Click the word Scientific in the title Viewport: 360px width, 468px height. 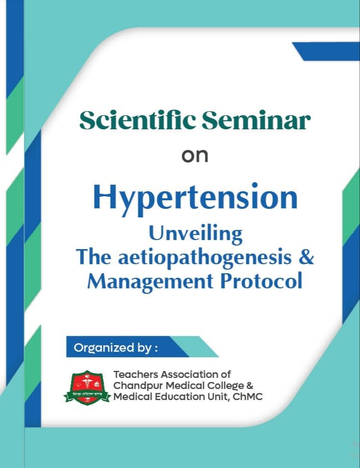137,120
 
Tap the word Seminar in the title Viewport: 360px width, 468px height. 256,120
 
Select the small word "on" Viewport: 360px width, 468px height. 195,156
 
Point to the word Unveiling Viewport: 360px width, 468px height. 195,235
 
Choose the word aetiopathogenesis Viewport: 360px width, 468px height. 205,257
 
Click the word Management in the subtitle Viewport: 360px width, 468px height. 150,282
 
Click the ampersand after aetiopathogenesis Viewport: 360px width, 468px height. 306,257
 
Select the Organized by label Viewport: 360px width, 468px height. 115,348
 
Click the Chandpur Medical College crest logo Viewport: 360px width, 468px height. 87,388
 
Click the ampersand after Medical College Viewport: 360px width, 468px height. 250,385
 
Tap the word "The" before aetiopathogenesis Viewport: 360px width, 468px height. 94,257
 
